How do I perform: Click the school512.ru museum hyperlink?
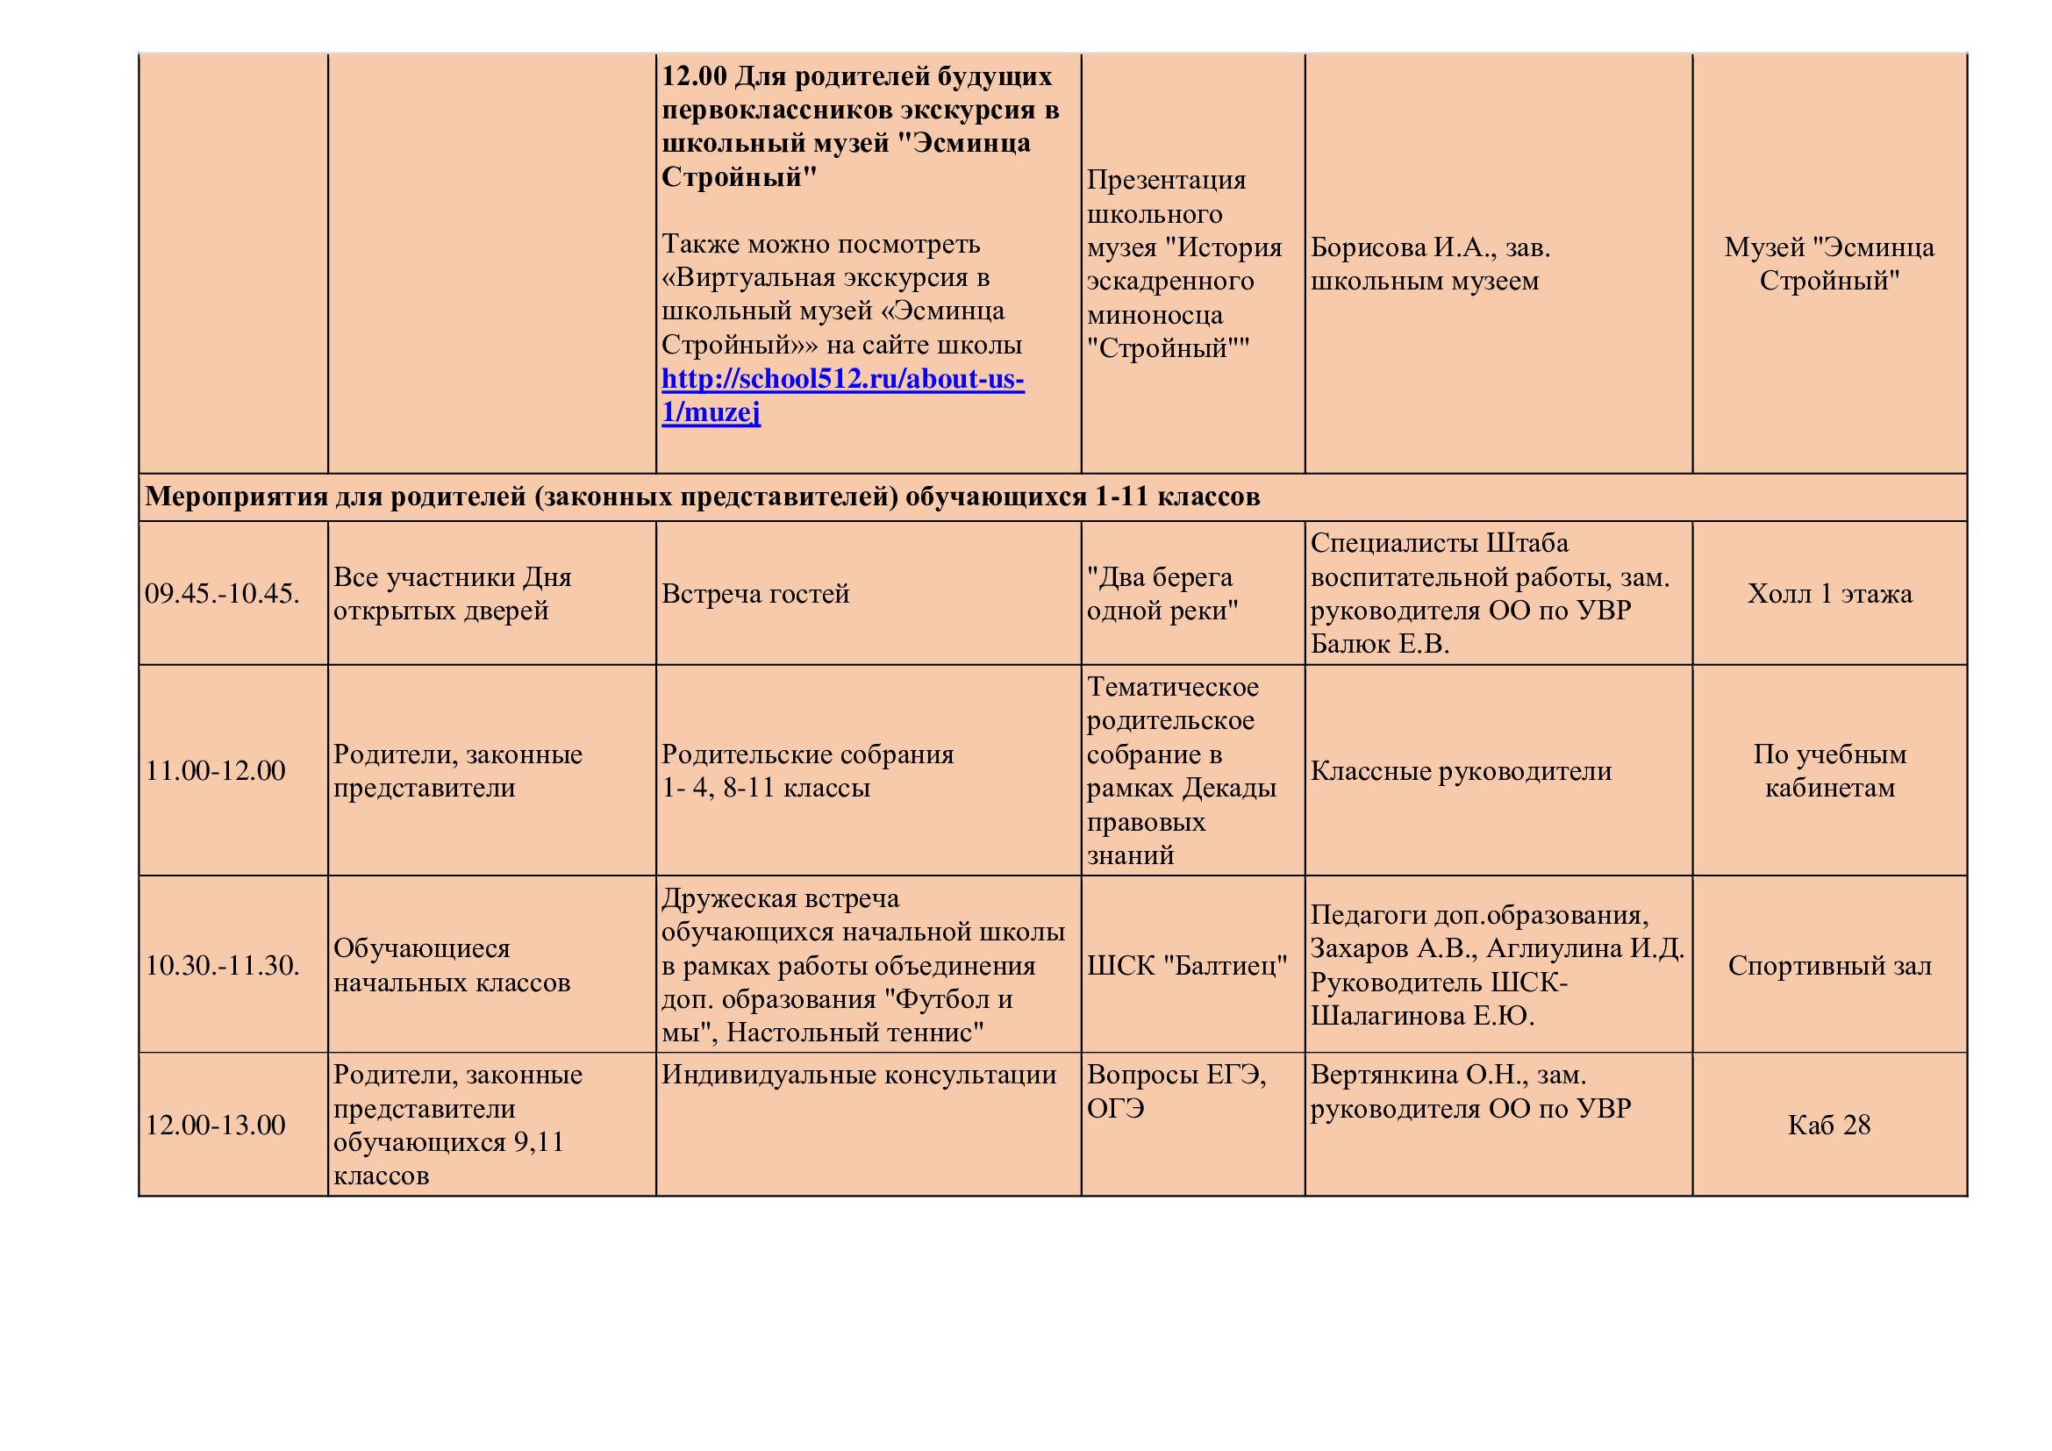(x=842, y=380)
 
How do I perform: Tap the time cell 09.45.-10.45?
(x=222, y=593)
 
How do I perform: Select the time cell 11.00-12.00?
(x=216, y=770)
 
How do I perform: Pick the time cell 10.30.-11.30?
(x=222, y=965)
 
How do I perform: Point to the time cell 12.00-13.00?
(x=216, y=1124)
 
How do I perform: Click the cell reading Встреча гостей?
(x=755, y=593)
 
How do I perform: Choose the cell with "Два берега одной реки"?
(x=1162, y=593)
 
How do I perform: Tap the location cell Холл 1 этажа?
(x=1829, y=593)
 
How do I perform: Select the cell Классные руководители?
(x=1461, y=770)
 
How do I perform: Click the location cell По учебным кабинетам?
(x=1829, y=770)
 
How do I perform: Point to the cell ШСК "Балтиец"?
(x=1186, y=965)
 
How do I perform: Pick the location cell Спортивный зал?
(x=1829, y=965)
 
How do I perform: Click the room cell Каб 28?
(x=1828, y=1124)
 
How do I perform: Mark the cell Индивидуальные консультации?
(x=858, y=1074)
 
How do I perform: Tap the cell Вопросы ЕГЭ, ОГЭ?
(x=1176, y=1090)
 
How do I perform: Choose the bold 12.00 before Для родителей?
(x=694, y=77)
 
